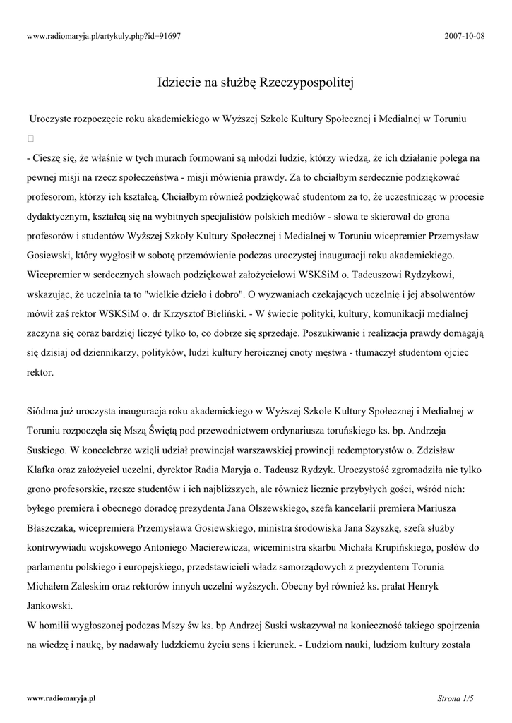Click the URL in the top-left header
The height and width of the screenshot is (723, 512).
104,35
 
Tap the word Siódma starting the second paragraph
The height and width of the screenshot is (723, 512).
44,410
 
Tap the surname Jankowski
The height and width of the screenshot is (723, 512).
54,605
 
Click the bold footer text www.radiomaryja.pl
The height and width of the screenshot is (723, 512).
61,698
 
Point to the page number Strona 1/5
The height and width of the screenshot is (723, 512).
455,698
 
